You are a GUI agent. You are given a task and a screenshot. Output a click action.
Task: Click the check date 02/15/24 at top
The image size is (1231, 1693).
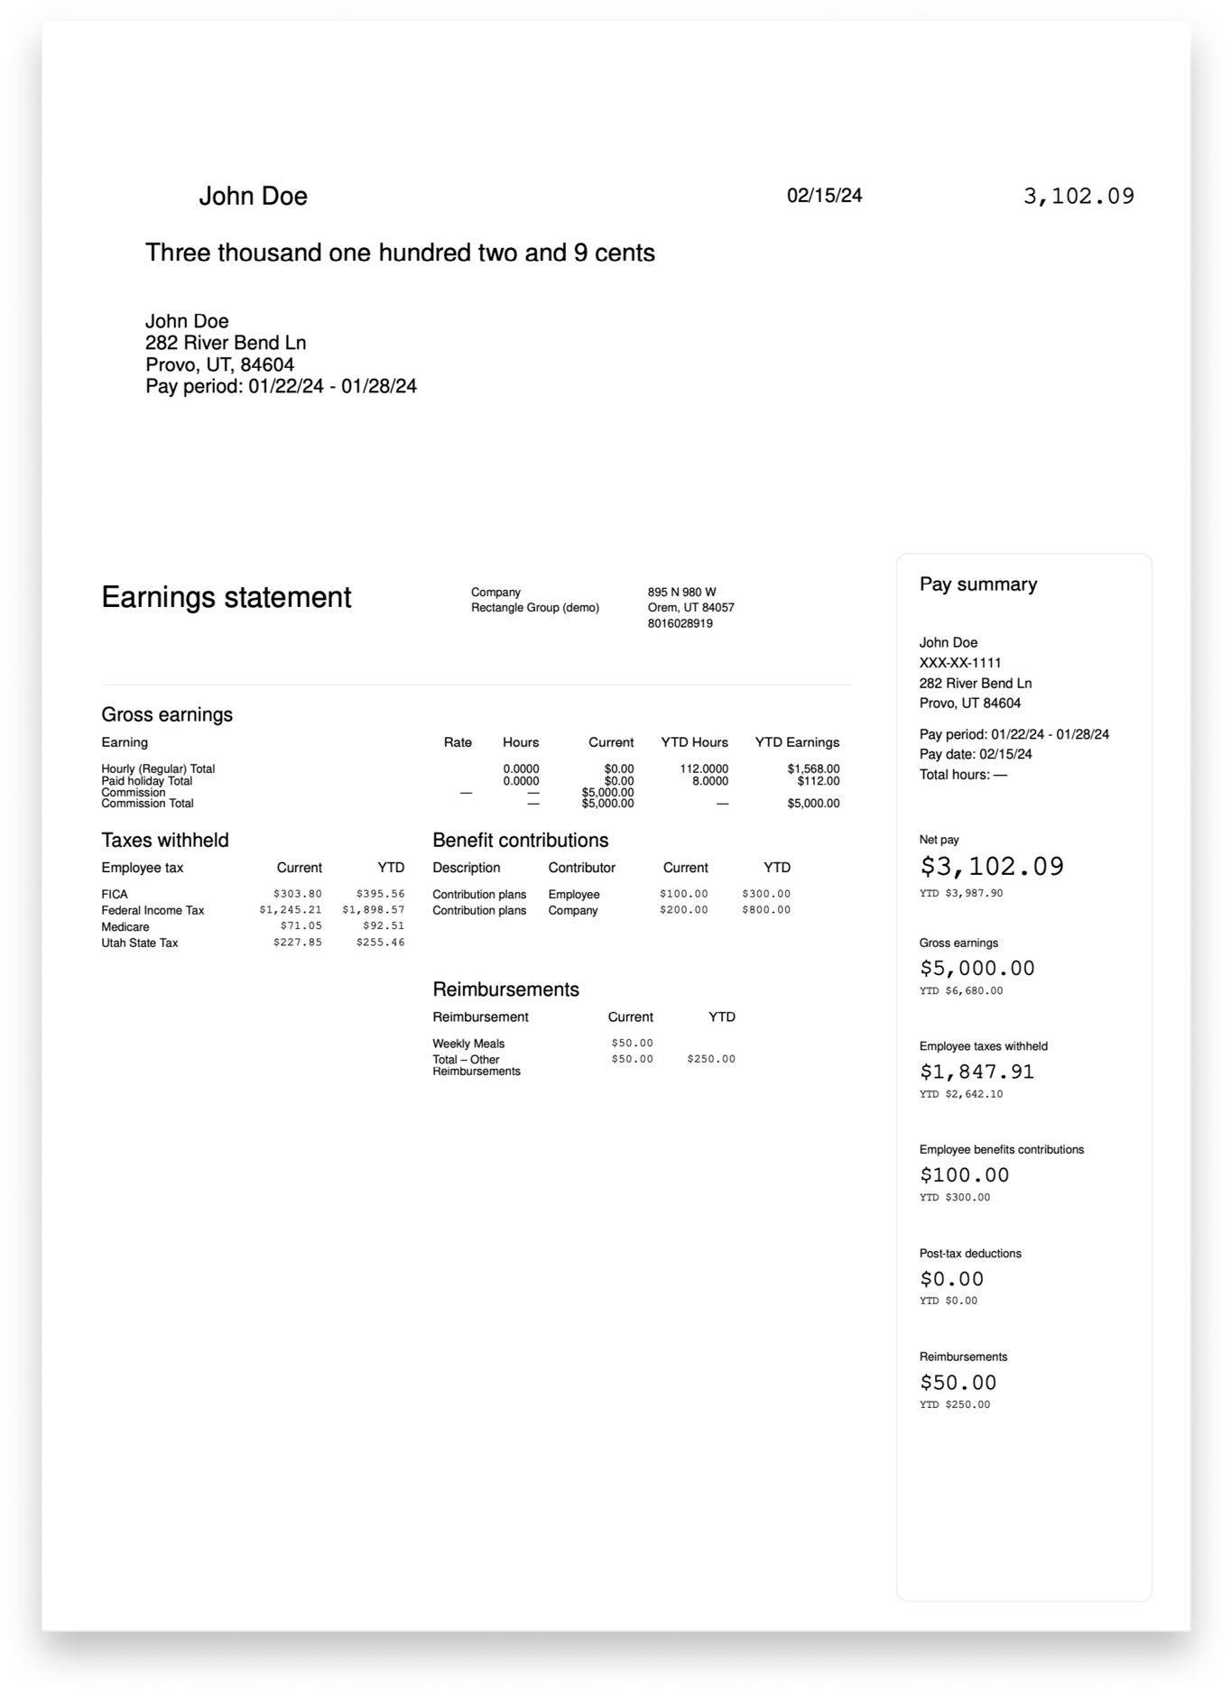(824, 196)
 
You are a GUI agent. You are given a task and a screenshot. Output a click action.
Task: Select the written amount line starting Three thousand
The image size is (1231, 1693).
(400, 253)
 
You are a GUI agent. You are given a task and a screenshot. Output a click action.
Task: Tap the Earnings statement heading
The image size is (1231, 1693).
(226, 597)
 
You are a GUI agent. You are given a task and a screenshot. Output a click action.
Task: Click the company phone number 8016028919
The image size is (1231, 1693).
(680, 623)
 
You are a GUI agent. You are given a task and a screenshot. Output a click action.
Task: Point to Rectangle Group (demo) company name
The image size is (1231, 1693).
(534, 608)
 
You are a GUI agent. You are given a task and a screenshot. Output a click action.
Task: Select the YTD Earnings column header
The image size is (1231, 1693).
(797, 742)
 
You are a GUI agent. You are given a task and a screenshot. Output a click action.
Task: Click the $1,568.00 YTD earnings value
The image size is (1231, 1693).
(813, 769)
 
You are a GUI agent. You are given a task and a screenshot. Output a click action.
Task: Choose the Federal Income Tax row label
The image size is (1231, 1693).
(153, 911)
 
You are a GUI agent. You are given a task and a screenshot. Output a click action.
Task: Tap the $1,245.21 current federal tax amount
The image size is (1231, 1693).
(290, 910)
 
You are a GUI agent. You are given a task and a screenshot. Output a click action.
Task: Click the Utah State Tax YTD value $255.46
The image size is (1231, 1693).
(380, 943)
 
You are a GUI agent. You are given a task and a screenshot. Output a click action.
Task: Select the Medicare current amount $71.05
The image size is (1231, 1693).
(301, 926)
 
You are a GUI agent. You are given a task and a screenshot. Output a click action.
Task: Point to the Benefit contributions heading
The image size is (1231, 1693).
(520, 841)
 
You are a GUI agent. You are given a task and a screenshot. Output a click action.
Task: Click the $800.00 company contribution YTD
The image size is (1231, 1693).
(766, 910)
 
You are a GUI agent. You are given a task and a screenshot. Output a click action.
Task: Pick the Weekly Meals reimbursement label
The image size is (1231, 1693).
(468, 1044)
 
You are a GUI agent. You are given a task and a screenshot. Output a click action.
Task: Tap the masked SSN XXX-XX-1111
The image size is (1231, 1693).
(960, 663)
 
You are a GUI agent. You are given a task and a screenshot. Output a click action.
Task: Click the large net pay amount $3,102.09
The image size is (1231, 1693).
(992, 867)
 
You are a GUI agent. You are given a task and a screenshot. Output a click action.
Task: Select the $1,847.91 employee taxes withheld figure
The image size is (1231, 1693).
(976, 1072)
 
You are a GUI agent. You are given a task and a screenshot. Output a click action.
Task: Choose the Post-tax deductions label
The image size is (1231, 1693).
(970, 1254)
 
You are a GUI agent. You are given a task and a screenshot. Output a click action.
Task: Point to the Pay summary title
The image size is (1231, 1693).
(978, 584)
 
